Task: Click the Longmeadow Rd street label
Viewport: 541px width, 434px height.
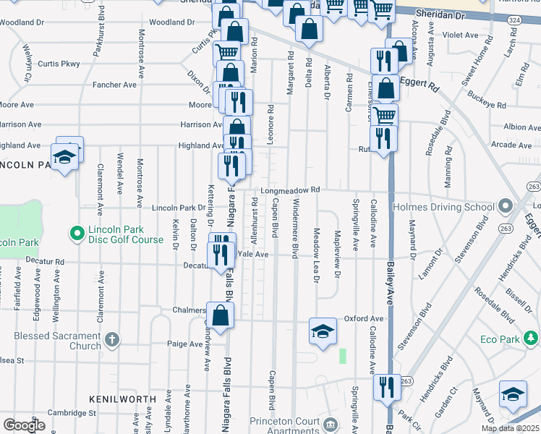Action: (290, 190)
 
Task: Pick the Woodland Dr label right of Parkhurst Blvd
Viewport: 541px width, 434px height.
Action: (167, 22)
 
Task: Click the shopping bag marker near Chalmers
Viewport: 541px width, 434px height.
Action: (221, 315)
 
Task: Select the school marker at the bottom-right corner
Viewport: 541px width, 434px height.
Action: (513, 393)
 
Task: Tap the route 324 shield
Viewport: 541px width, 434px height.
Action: (514, 20)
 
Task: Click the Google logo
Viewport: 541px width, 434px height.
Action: (25, 425)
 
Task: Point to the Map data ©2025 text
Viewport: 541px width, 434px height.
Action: (511, 428)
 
